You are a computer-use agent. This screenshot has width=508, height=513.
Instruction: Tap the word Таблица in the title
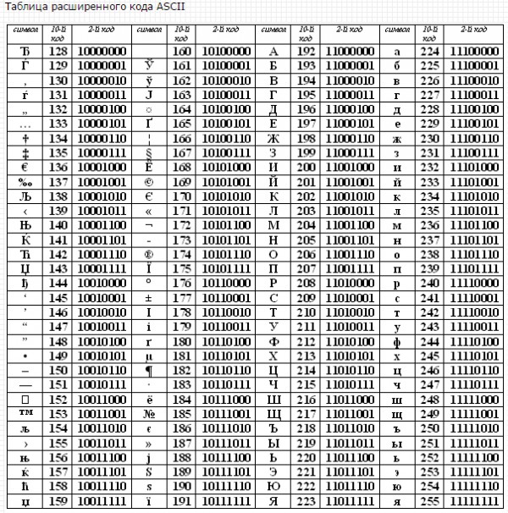click(25, 7)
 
